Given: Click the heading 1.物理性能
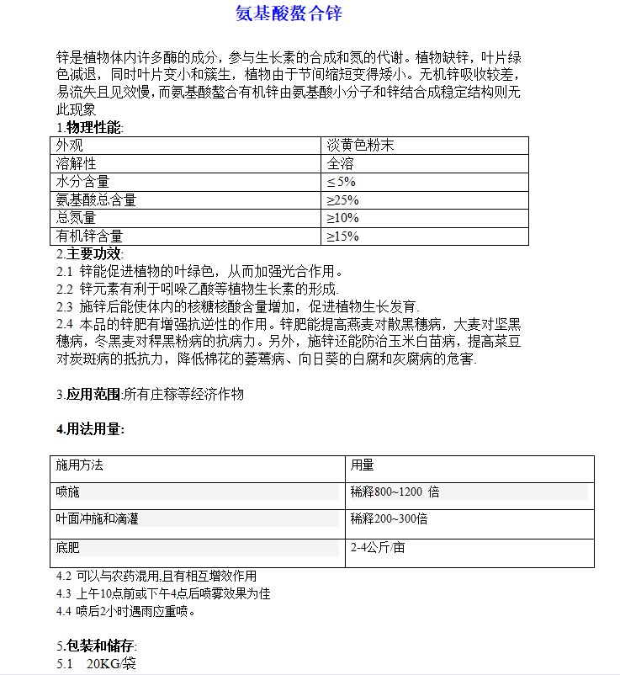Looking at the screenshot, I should point(89,127).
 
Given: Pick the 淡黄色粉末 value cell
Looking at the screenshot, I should point(361,145).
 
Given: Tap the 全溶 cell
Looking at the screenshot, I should point(341,163).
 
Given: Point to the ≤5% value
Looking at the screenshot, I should point(342,182).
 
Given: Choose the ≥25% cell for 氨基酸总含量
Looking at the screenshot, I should point(343,200).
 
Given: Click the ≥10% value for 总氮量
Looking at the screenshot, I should point(343,218).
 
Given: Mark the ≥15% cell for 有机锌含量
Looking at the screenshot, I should point(343,237).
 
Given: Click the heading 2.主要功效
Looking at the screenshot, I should point(89,253).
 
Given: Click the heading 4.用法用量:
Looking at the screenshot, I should point(91,429).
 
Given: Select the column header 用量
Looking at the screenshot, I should point(363,465).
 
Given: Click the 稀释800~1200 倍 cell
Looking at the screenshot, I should point(395,492).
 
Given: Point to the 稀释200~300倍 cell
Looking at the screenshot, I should point(389,519).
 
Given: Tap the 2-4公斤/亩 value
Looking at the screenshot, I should point(378,548).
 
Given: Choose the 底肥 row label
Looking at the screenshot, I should point(68,548).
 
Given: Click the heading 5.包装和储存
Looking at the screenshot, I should point(96,646).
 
